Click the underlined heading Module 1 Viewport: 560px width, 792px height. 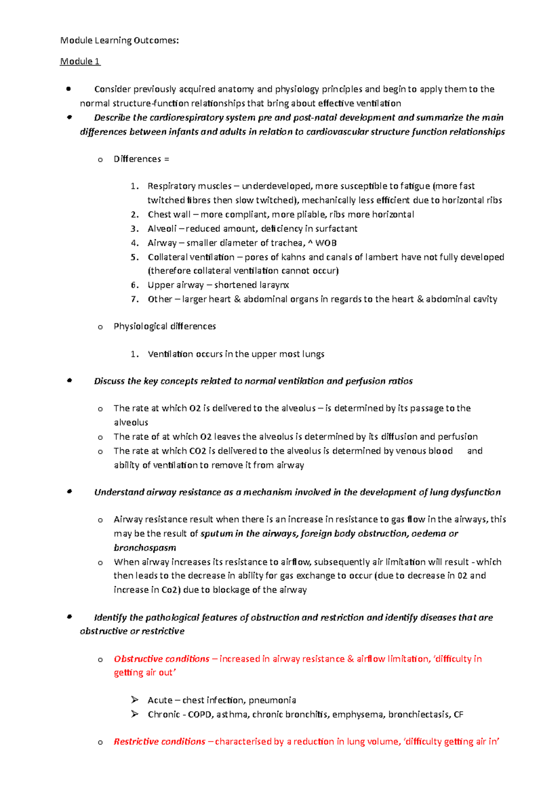pyautogui.click(x=80, y=61)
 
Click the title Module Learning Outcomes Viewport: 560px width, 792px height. pyautogui.click(x=119, y=41)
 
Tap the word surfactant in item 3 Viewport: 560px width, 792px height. pyautogui.click(x=336, y=229)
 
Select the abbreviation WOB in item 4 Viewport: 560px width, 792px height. pyautogui.click(x=326, y=243)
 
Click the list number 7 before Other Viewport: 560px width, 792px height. pyautogui.click(x=134, y=299)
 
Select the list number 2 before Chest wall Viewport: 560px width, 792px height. pyautogui.click(x=134, y=215)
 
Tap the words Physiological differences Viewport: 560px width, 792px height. pyautogui.click(x=165, y=326)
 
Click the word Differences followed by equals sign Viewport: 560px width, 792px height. pyautogui.click(x=137, y=159)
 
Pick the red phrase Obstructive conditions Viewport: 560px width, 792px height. pyautogui.click(x=161, y=659)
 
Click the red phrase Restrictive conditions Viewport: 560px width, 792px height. pyautogui.click(x=160, y=741)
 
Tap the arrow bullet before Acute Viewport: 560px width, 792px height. pyautogui.click(x=135, y=700)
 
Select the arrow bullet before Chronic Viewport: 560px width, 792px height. pyautogui.click(x=135, y=714)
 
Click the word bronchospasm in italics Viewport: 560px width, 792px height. pyautogui.click(x=145, y=548)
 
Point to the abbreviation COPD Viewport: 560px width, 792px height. pyautogui.click(x=200, y=714)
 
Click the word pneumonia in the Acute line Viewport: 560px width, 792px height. pyautogui.click(x=272, y=700)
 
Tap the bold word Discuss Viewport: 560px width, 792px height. pyautogui.click(x=110, y=381)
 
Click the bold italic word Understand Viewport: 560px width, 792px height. pyautogui.click(x=119, y=492)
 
